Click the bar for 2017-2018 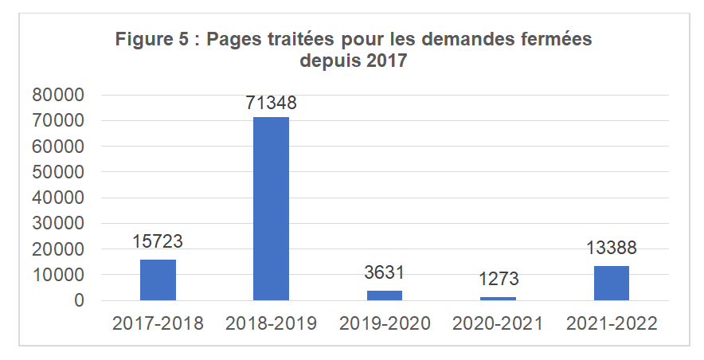point(158,280)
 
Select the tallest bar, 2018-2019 point(271,209)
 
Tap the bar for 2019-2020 point(385,295)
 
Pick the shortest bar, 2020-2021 point(498,299)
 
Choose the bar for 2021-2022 point(611,283)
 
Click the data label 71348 point(272,104)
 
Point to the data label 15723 point(158,242)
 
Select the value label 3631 point(385,273)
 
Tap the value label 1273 point(498,280)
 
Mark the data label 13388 point(611,248)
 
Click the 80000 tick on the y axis point(57,96)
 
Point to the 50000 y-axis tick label point(57,172)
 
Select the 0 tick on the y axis point(79,301)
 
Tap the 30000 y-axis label point(57,224)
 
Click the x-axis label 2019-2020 point(385,324)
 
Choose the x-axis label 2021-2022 point(611,324)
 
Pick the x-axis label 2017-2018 point(158,324)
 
